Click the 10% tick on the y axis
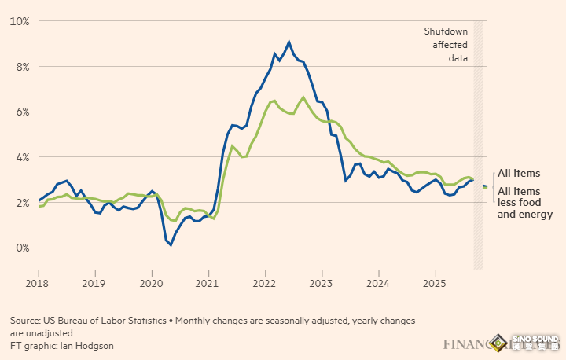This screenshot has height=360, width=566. [x=18, y=21]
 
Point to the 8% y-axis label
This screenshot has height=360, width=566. [x=20, y=67]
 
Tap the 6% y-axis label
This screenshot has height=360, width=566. [x=20, y=112]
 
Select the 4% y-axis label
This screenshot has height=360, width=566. [x=20, y=157]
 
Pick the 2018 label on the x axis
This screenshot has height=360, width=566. [x=38, y=282]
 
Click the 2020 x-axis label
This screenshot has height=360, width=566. [x=151, y=282]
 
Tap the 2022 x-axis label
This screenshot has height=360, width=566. [x=265, y=282]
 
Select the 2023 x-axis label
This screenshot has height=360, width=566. [x=322, y=282]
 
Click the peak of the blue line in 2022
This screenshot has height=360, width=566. [x=289, y=41]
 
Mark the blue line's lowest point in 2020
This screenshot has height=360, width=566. [x=171, y=245]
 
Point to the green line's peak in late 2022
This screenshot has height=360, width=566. [x=303, y=97]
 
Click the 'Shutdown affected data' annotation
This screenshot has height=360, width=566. [x=446, y=44]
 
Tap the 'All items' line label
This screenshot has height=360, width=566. [x=519, y=173]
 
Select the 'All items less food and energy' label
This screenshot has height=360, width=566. [x=525, y=203]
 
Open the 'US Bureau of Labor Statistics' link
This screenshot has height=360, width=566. [x=103, y=321]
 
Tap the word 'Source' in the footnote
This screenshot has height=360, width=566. [x=24, y=321]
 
